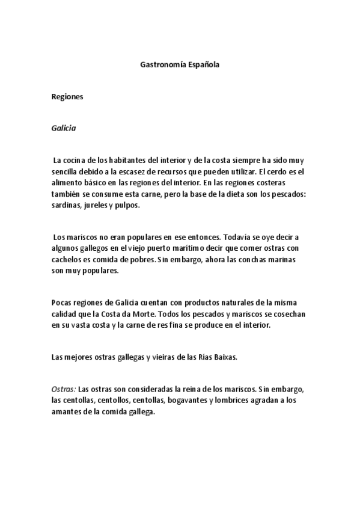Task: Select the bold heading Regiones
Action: [x=67, y=96]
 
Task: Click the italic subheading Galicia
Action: [x=64, y=128]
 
